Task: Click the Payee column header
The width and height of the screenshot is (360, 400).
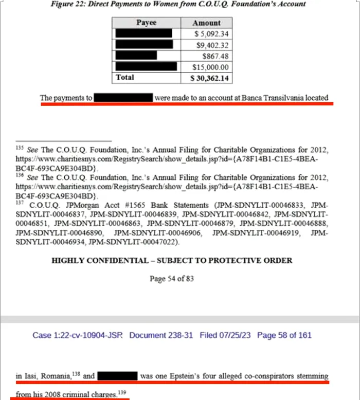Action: tap(146, 23)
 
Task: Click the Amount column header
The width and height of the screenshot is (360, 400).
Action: tap(206, 23)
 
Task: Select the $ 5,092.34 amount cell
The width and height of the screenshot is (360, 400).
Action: tap(211, 34)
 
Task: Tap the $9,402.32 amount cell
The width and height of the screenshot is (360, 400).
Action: tap(212, 45)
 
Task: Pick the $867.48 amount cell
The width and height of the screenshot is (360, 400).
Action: tap(216, 56)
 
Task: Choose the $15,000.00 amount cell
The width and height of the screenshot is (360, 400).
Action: tap(210, 67)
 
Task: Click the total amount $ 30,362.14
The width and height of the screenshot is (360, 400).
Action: tap(209, 78)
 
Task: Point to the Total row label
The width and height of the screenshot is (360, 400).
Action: tap(125, 78)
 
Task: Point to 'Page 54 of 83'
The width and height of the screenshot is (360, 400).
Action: tap(172, 279)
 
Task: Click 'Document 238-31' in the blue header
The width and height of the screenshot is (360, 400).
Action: tap(161, 335)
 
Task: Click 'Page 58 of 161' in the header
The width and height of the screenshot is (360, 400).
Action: tap(284, 335)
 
